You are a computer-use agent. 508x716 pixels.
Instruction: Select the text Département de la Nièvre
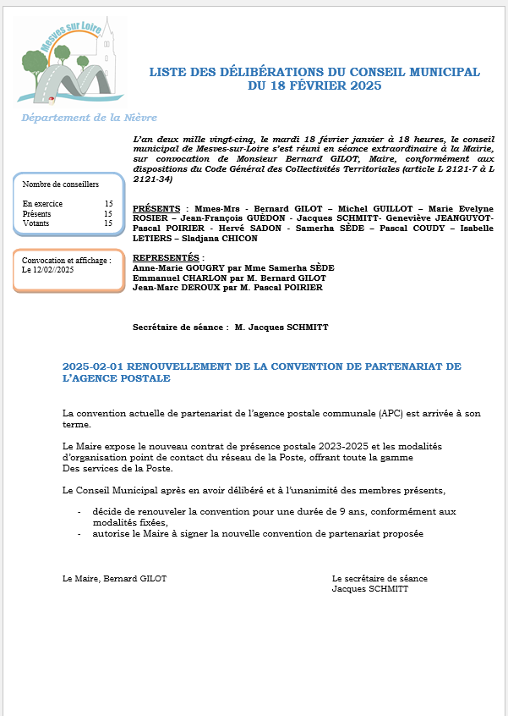click(89, 118)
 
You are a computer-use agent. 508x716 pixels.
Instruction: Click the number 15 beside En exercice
click(108, 204)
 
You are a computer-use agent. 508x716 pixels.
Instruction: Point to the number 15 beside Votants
click(108, 223)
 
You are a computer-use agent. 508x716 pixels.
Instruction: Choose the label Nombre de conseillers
click(61, 184)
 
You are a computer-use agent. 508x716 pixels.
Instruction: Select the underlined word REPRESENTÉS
click(167, 257)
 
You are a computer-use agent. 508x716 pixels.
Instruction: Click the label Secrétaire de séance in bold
click(178, 327)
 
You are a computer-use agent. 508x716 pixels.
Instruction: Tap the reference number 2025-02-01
click(93, 366)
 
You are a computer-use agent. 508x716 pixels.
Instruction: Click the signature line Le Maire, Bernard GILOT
click(115, 579)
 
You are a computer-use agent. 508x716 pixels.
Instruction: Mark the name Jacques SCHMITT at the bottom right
click(370, 589)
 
